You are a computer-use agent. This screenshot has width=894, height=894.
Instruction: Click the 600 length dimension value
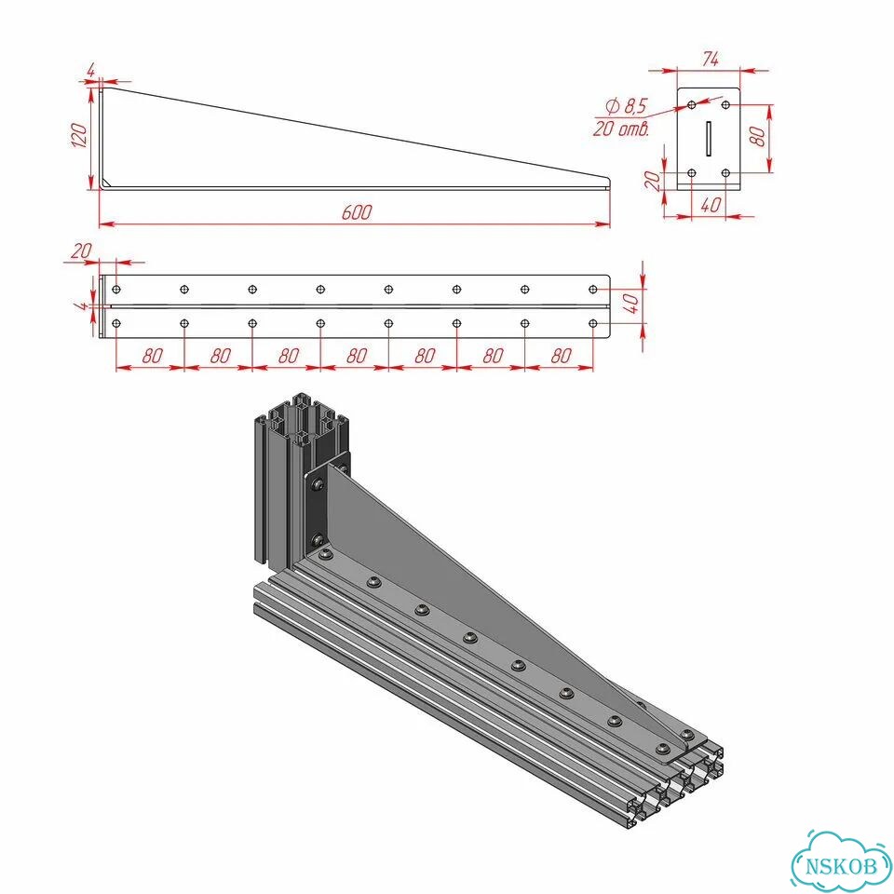point(357,212)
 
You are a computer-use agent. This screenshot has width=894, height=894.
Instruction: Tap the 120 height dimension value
point(79,135)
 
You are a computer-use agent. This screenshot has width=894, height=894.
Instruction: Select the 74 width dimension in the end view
point(711,59)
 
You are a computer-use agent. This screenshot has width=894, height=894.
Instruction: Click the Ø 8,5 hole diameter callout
point(627,106)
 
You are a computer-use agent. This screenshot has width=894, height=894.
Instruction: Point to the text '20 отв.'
point(621,129)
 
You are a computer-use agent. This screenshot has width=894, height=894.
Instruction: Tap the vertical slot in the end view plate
point(708,138)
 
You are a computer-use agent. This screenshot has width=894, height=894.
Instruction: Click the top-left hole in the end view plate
point(692,105)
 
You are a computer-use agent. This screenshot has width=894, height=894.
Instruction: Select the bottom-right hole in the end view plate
point(725,172)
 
